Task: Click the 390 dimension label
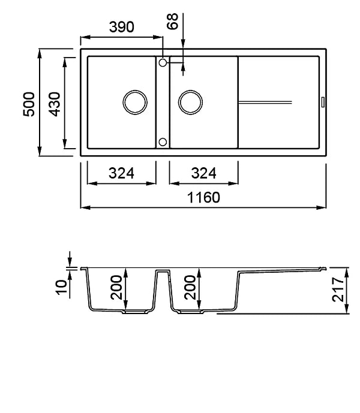coord(122,27)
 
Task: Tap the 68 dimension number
coord(173,21)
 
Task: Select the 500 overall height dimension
coord(29,104)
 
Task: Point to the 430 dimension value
coord(55,104)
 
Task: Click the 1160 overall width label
coord(203,198)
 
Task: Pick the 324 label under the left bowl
coord(121,173)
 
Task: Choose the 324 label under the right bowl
coord(203,173)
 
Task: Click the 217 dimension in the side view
coord(338,289)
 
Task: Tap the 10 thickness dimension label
coord(61,287)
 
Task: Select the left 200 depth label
coord(116,288)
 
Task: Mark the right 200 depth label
coord(190,288)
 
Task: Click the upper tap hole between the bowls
coord(163,63)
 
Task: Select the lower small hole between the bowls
coord(163,142)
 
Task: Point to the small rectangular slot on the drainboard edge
coord(323,102)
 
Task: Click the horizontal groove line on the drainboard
coord(265,102)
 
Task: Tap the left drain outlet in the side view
coord(135,312)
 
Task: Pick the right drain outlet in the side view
coord(191,312)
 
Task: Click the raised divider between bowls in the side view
coord(163,271)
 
